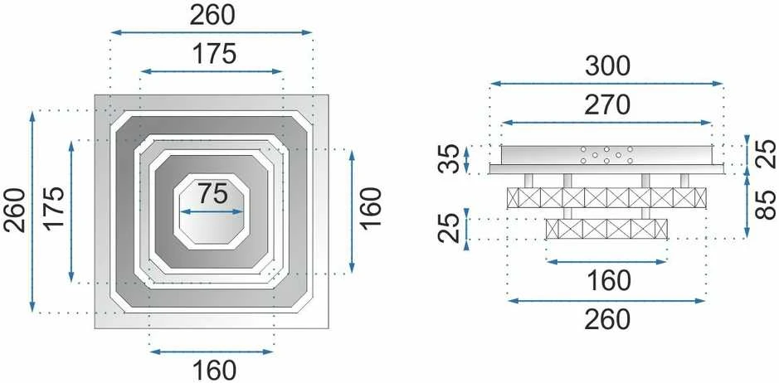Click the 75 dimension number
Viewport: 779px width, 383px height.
(x=212, y=194)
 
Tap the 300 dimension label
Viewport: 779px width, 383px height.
(x=607, y=66)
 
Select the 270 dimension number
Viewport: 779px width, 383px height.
(x=607, y=104)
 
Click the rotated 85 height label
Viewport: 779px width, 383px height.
(x=766, y=205)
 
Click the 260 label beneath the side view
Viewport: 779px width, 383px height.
(x=607, y=319)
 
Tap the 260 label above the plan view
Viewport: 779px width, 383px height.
(x=212, y=16)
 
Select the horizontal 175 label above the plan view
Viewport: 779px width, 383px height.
(x=214, y=54)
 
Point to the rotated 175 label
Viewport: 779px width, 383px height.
(x=54, y=207)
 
